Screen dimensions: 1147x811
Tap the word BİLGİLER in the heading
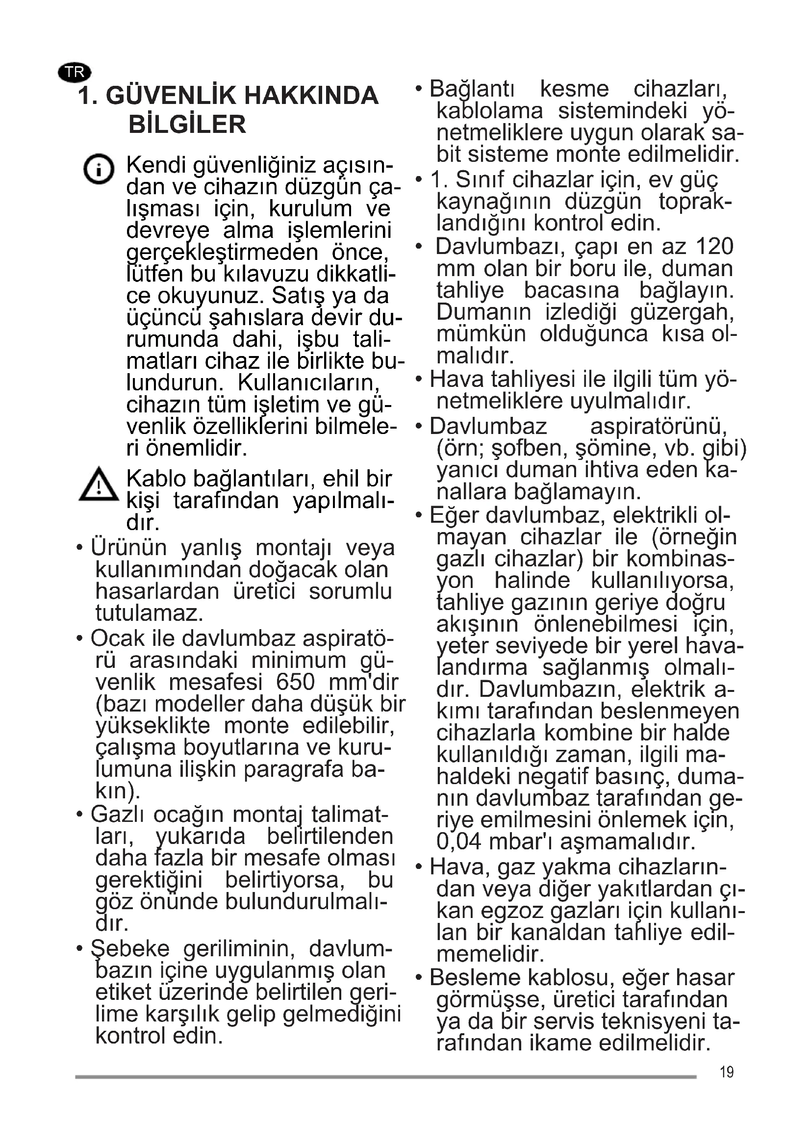point(187,125)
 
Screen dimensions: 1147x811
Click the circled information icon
point(99,169)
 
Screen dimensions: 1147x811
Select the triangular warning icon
point(99,484)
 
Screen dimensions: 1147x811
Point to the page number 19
point(727,1072)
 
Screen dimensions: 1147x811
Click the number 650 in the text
point(295,683)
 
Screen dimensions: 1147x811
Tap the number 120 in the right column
point(714,247)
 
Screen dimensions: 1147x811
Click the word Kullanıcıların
point(308,383)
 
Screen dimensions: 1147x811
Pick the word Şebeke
point(130,949)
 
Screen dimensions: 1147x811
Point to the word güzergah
point(682,313)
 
